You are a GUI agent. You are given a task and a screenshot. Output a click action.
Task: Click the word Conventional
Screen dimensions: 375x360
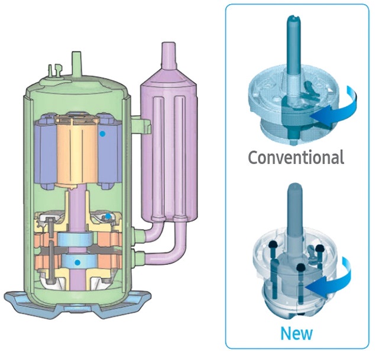tap(296, 157)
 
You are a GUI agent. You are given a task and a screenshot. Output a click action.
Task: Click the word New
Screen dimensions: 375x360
tap(296, 333)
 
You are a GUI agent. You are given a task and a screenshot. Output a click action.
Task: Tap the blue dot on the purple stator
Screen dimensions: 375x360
tap(102, 134)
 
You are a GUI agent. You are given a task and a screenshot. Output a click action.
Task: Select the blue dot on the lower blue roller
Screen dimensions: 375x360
tap(77, 262)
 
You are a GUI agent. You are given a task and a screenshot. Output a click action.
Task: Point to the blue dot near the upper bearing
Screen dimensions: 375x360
tap(108, 216)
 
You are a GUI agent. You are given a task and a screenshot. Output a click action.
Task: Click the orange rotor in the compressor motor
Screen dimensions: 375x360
tap(77, 151)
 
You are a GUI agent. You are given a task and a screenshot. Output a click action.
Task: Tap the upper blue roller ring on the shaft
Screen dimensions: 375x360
tap(75, 239)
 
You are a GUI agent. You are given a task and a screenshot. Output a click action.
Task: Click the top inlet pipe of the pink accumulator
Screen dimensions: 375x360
tap(169, 55)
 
